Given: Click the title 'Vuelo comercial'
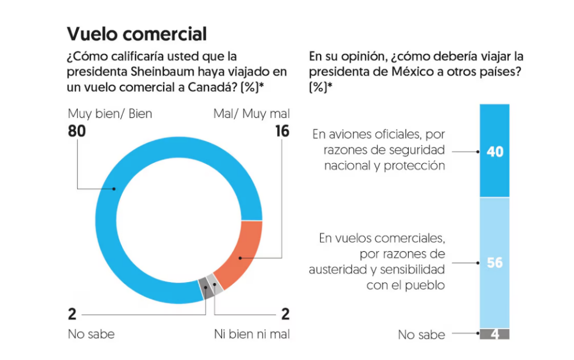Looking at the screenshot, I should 137,34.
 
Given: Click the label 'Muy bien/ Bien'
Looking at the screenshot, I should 109,114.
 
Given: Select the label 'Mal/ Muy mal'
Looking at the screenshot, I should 252,114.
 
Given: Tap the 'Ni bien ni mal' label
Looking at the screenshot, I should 252,334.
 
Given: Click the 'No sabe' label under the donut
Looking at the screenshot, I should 91,334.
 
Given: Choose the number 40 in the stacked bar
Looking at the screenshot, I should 494,151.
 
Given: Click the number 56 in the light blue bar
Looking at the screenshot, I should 494,262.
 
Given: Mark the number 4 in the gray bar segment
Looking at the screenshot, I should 494,334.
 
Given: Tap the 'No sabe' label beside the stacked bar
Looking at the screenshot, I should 422,335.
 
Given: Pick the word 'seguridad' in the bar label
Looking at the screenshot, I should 418,150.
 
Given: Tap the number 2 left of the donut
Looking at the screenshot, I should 72,313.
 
